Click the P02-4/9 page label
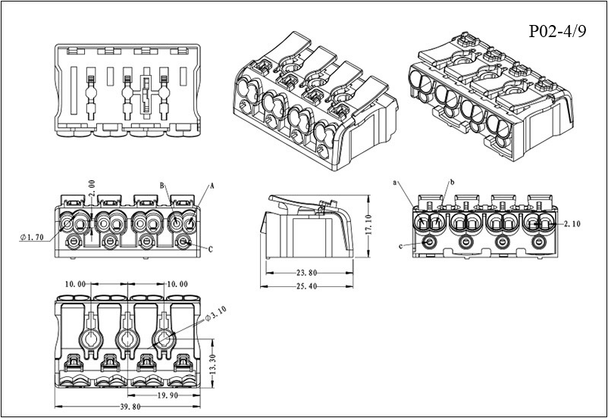[x=557, y=31]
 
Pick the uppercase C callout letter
[x=210, y=248]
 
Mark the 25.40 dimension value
[x=305, y=287]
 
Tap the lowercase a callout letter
[x=396, y=182]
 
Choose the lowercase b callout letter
[x=452, y=182]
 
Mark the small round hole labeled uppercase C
[x=184, y=242]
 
